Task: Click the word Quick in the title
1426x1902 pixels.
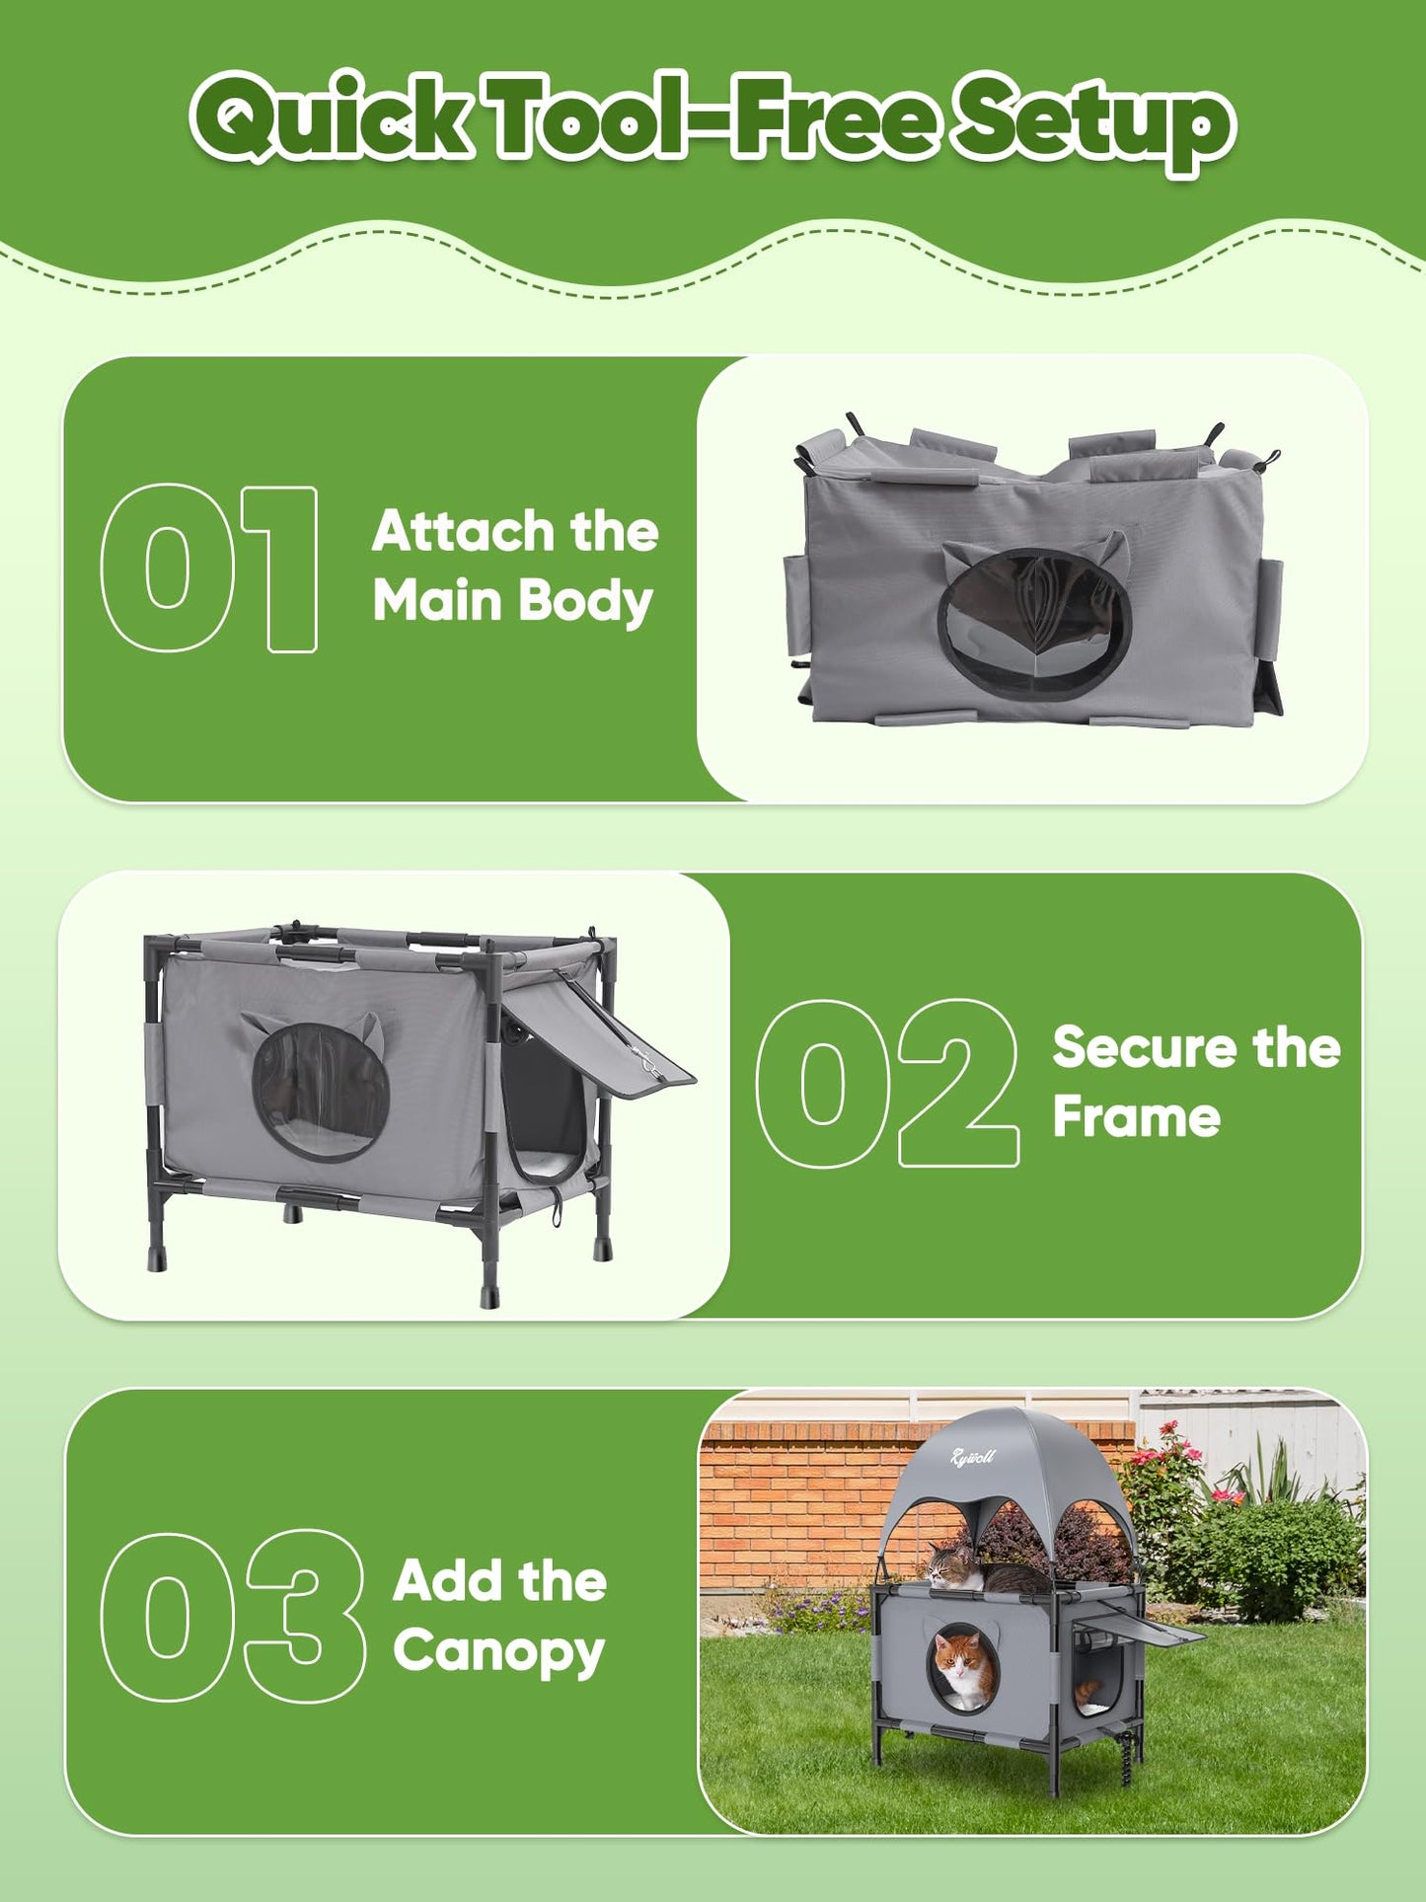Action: [x=331, y=118]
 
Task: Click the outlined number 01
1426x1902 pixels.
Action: [x=209, y=570]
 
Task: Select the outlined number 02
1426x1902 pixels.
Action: [x=886, y=1084]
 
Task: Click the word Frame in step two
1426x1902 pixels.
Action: [x=1136, y=1117]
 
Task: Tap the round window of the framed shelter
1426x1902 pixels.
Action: [x=321, y=1091]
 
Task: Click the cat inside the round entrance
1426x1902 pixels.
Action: [x=964, y=1667]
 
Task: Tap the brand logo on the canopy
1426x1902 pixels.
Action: [x=972, y=1457]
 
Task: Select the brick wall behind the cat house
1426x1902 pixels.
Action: [x=789, y=1500]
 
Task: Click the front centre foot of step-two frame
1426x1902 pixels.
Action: [x=489, y=1283]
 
